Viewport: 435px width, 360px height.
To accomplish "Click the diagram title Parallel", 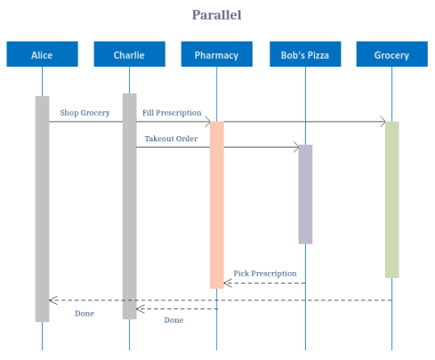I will (x=217, y=14).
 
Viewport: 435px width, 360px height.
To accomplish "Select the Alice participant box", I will (x=42, y=54).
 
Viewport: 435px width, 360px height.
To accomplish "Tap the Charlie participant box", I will (x=129, y=54).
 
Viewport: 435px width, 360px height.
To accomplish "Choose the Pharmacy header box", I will (x=216, y=54).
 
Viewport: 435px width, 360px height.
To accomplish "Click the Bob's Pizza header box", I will (x=304, y=54).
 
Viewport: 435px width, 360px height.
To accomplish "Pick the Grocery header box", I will (x=391, y=54).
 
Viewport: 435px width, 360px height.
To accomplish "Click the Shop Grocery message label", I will (x=85, y=113).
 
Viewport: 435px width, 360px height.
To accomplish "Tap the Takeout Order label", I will (x=171, y=139).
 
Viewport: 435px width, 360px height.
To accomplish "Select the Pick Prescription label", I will (x=265, y=273).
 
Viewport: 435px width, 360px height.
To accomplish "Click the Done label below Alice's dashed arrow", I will (x=85, y=313).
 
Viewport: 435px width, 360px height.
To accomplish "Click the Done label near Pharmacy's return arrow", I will (x=173, y=319).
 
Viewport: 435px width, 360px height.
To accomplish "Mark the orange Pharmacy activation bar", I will (x=216, y=204).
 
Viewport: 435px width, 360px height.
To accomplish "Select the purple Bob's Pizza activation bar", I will (x=305, y=194).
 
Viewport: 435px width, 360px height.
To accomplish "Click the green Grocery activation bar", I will (x=391, y=199).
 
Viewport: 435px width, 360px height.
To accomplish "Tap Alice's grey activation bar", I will (x=42, y=208).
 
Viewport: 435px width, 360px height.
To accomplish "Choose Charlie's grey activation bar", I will (x=129, y=205).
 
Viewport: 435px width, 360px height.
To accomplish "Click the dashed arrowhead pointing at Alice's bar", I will (x=52, y=300).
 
